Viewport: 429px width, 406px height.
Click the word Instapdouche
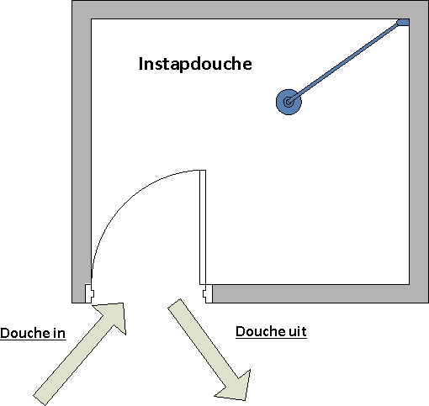click(195, 64)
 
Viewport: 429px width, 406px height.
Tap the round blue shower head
click(289, 102)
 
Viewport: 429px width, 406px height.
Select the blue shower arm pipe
click(344, 62)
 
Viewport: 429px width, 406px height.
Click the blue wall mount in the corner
click(404, 23)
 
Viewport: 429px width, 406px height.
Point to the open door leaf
click(203, 227)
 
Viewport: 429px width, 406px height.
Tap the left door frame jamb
click(89, 293)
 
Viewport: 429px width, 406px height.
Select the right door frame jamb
click(208, 293)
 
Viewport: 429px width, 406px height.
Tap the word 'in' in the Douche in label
click(59, 333)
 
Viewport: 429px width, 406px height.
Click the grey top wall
click(250, 9)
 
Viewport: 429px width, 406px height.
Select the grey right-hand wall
click(419, 151)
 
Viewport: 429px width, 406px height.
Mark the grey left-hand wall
click(82, 151)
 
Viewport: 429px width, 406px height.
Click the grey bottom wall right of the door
click(320, 293)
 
